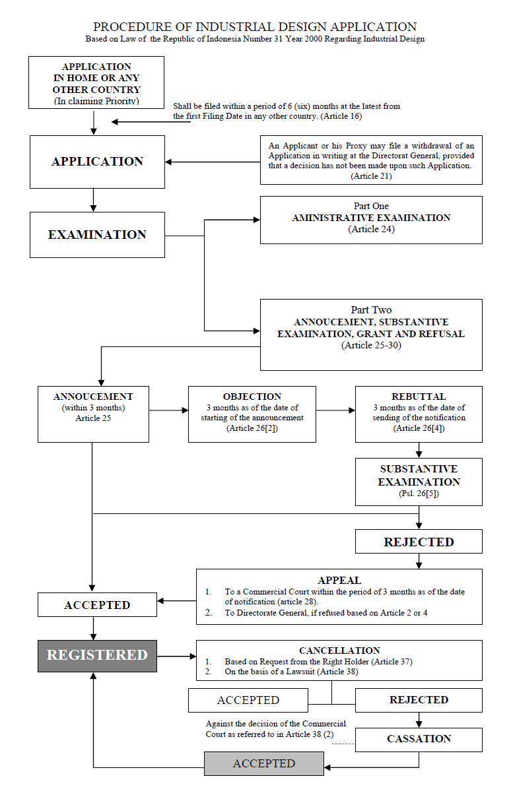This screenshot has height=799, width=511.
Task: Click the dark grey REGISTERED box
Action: (97, 656)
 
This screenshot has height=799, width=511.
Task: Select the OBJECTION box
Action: (252, 414)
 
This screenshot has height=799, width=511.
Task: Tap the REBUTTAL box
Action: (419, 414)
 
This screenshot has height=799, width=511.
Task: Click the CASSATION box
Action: (419, 740)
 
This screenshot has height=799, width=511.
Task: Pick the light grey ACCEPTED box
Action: (264, 763)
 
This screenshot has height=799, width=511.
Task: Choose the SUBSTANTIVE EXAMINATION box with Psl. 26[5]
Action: (419, 482)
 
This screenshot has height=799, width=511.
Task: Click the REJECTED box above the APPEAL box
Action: (419, 542)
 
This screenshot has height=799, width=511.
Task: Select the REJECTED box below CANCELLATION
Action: (419, 700)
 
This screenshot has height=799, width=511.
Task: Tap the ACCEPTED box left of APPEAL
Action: (97, 604)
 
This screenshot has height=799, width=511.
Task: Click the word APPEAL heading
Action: (339, 581)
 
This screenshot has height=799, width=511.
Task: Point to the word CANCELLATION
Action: (339, 651)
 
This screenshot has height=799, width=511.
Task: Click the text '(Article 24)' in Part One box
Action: (371, 229)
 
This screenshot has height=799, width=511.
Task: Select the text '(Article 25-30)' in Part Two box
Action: (371, 345)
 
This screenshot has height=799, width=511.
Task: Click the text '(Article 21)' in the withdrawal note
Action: (371, 176)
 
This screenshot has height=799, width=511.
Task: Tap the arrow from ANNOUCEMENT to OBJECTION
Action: (168, 410)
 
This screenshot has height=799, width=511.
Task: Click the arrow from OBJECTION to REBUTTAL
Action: (335, 410)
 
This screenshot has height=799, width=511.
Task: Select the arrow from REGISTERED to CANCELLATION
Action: (177, 656)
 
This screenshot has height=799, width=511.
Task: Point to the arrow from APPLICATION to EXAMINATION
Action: (94, 200)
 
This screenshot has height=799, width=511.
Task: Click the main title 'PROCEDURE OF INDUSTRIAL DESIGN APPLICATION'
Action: (255, 27)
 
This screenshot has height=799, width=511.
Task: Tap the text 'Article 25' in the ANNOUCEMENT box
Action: (93, 418)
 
